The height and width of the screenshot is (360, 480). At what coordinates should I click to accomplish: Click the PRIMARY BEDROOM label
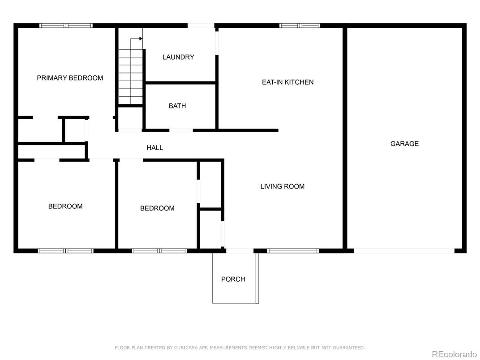(70, 78)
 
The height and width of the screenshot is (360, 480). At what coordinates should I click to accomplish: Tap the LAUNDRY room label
(178, 57)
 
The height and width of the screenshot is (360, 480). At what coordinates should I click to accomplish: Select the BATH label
(177, 106)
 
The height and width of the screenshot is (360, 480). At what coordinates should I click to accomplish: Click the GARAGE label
(404, 144)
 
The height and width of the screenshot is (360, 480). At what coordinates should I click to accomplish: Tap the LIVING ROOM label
(283, 186)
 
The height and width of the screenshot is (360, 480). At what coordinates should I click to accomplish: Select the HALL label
(155, 148)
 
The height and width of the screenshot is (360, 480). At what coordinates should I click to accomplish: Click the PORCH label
(233, 279)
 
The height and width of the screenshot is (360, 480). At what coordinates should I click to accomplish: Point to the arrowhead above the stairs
(141, 39)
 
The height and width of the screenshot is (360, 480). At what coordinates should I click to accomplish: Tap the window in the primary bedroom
(66, 26)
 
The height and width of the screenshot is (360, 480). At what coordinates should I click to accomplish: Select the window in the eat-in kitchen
(300, 26)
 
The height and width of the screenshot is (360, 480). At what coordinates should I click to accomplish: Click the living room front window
(293, 251)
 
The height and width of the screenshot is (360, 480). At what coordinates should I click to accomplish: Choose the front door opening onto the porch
(240, 251)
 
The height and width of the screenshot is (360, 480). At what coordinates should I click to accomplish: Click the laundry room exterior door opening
(201, 26)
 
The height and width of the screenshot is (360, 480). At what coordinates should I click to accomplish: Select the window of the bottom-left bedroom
(66, 251)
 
